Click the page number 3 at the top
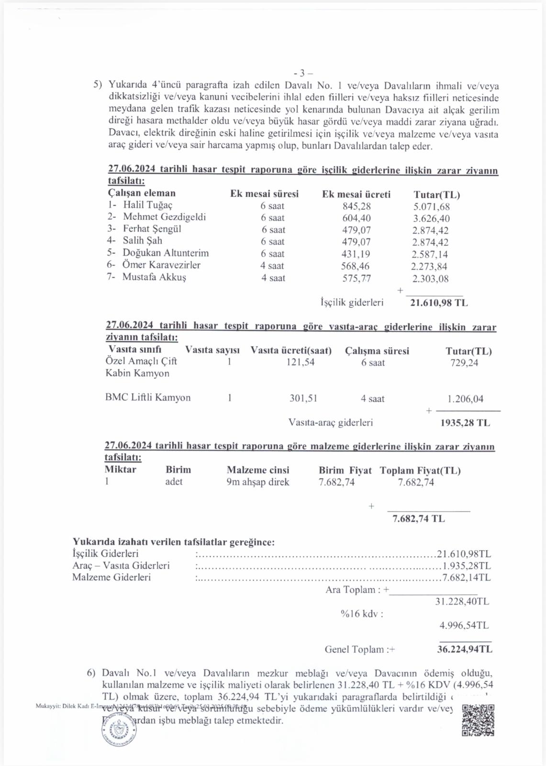click(302, 73)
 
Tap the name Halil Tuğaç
click(147, 205)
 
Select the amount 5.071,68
click(431, 207)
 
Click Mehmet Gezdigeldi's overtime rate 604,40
click(356, 218)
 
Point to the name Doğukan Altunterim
click(166, 253)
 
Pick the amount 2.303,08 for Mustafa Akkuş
click(430, 279)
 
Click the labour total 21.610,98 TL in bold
click(439, 303)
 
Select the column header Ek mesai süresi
click(264, 194)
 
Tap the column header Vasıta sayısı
click(212, 350)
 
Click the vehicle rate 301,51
click(303, 398)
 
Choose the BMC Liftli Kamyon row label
click(148, 398)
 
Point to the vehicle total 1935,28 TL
click(465, 423)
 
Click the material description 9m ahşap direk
click(257, 482)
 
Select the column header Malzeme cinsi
click(257, 470)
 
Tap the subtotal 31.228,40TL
click(462, 601)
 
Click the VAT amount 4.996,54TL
click(464, 625)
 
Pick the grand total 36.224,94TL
click(464, 650)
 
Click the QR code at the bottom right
click(478, 720)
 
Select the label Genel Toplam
click(354, 650)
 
